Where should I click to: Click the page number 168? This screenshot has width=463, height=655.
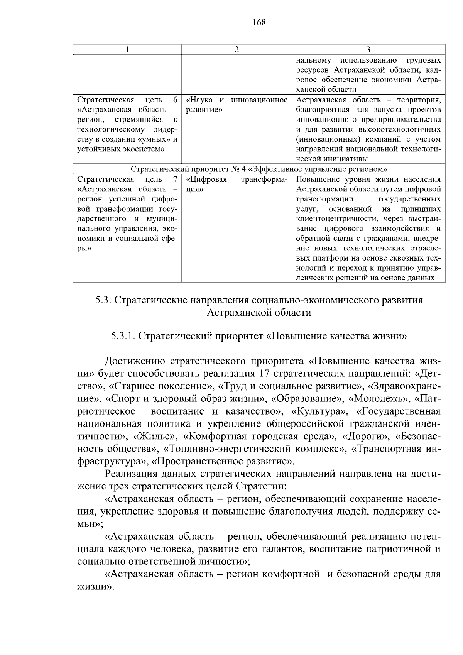point(259,22)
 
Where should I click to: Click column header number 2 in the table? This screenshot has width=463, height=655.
point(237,49)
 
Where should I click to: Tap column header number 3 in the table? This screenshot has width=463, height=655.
point(368,49)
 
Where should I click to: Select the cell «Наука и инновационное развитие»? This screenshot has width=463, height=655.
point(237,105)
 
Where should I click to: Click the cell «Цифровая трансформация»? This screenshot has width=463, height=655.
point(237,184)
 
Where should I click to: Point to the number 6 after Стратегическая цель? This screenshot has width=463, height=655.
point(175,100)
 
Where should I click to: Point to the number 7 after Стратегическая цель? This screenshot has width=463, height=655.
point(175,179)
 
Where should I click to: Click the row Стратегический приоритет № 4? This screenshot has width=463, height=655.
point(259,169)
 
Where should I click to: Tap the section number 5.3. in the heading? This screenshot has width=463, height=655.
point(103,300)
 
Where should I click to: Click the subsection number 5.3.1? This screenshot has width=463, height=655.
point(123,336)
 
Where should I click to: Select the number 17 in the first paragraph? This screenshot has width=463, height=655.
point(262,374)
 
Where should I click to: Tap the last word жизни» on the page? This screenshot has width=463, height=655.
point(96,587)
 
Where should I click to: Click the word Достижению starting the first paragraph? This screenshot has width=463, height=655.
point(135,361)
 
